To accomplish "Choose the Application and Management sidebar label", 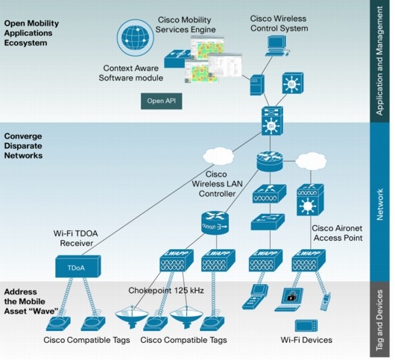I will (380, 60).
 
